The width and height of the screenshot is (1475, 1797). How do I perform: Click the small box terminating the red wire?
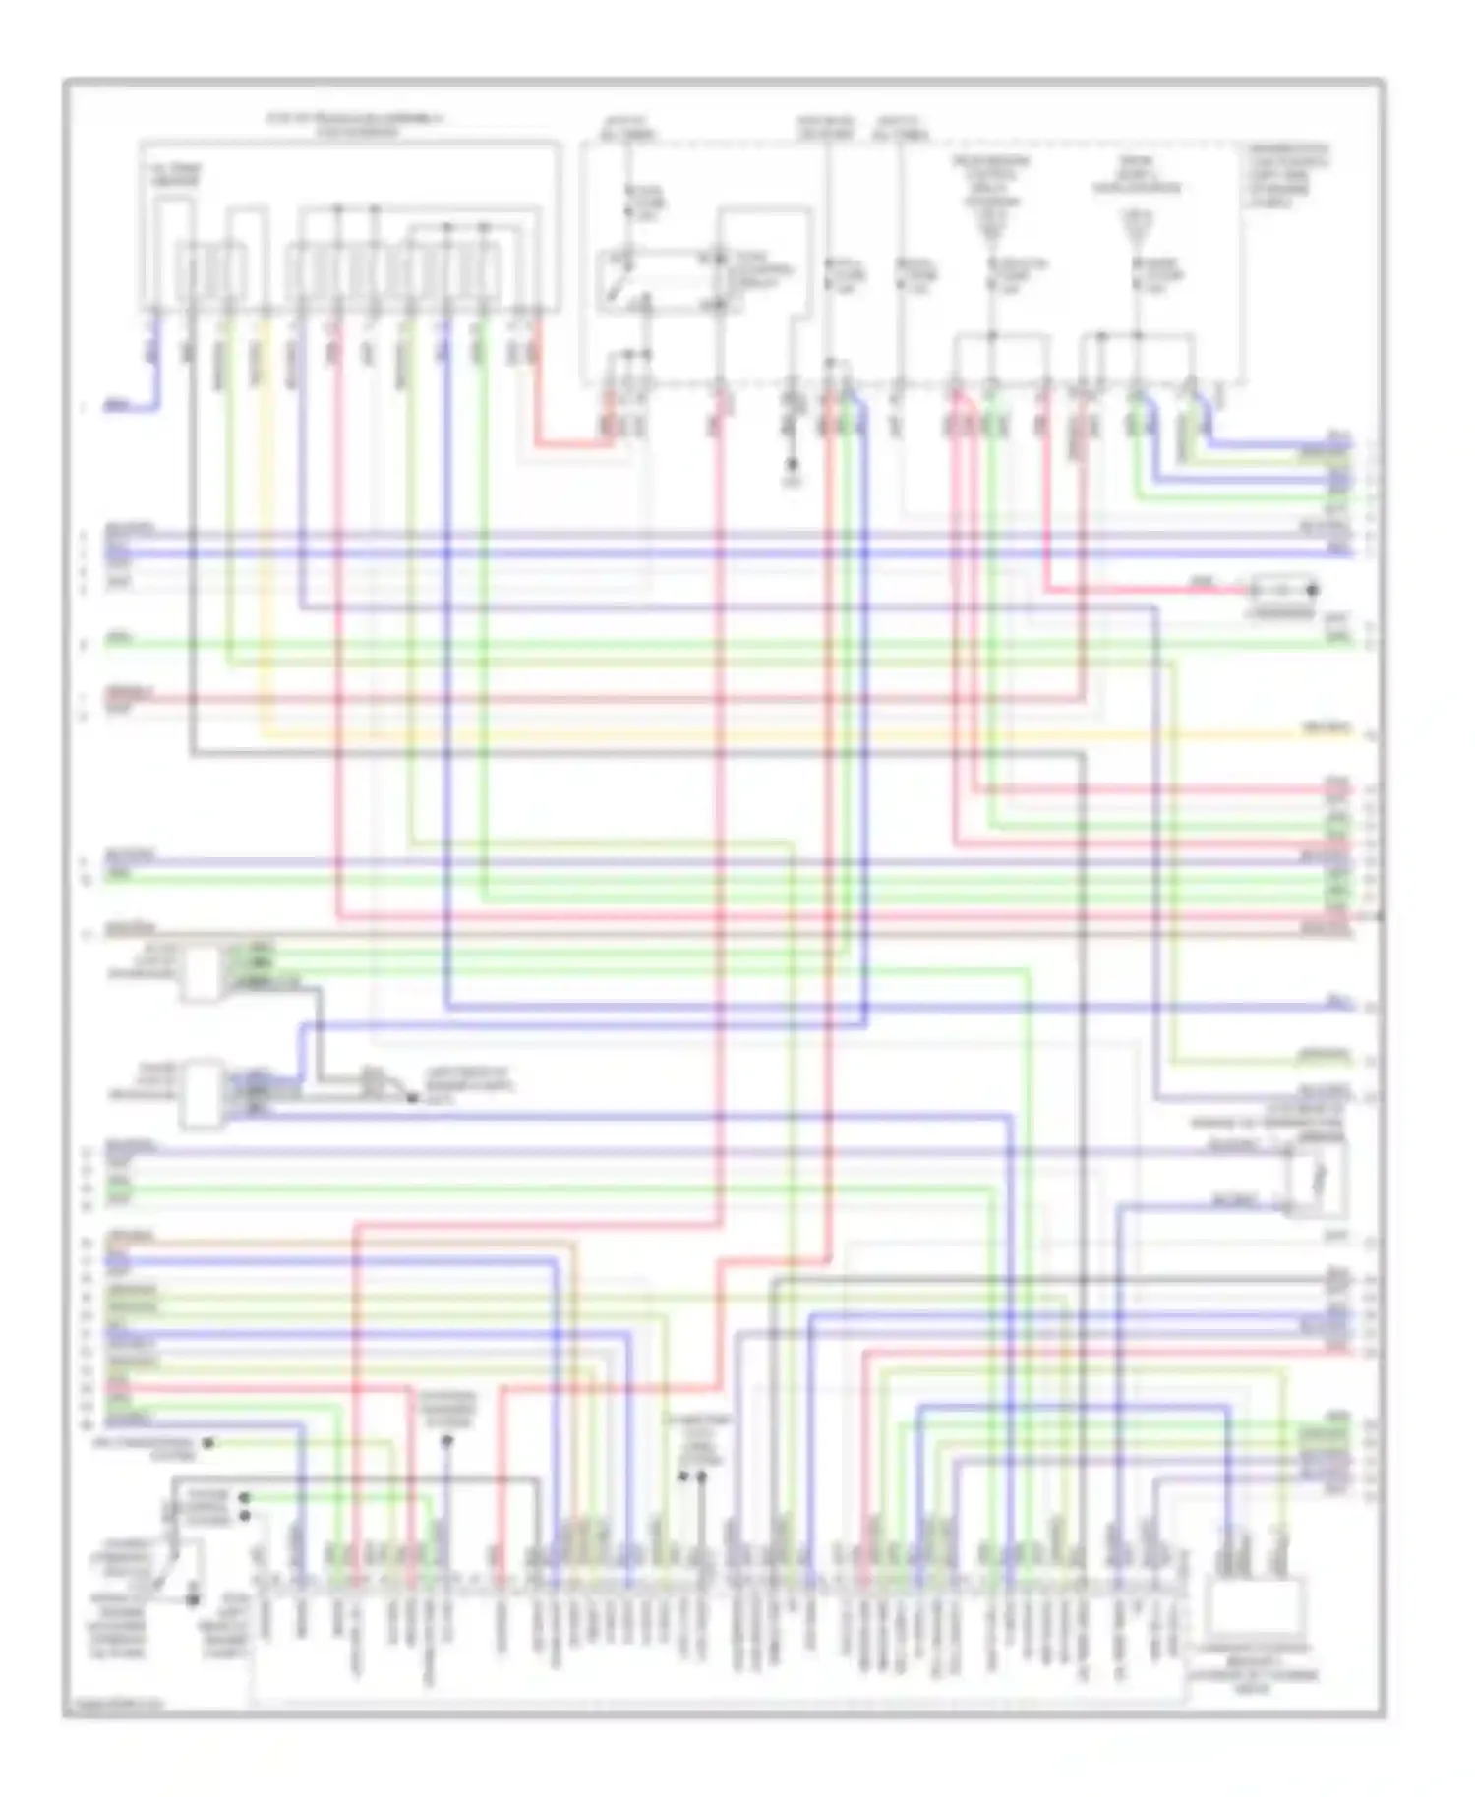(x=1282, y=592)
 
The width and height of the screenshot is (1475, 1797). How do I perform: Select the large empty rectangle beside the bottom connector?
(x=1257, y=1608)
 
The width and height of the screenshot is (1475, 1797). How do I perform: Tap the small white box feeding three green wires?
(x=201, y=974)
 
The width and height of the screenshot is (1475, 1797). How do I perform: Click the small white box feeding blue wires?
(x=201, y=1091)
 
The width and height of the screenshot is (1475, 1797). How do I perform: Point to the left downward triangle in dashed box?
(x=990, y=229)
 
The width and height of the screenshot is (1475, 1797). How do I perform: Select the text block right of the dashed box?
(x=1288, y=177)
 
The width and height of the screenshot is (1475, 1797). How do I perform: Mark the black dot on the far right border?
(x=1380, y=916)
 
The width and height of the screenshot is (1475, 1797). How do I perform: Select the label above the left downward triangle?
(x=990, y=183)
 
